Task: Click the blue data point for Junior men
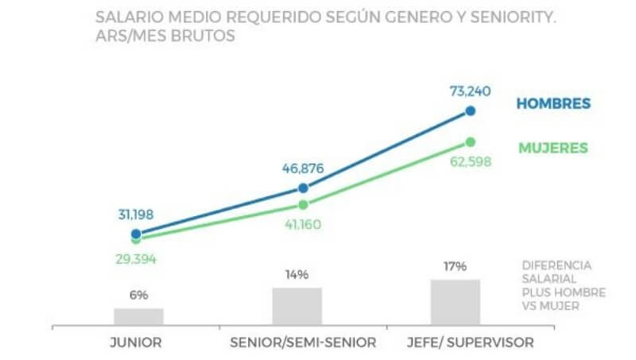[x=136, y=234]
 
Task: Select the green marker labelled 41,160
[x=303, y=204]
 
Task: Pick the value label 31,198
[x=136, y=214]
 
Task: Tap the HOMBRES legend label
[x=553, y=104]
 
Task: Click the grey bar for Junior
[x=138, y=316]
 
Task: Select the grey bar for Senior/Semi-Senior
[x=297, y=306]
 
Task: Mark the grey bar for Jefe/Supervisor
[x=456, y=302]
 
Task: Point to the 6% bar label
[x=139, y=295]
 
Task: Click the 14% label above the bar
[x=297, y=275]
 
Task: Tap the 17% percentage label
[x=456, y=266]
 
